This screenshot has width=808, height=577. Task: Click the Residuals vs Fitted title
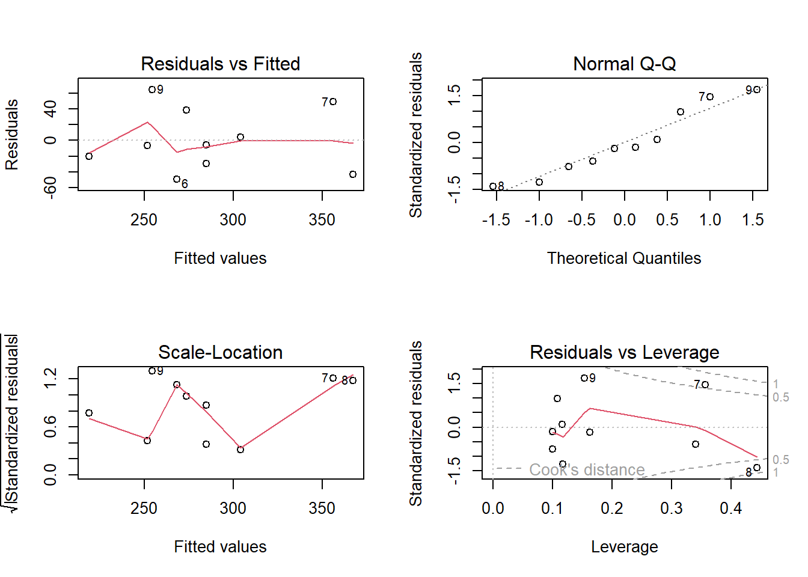click(220, 64)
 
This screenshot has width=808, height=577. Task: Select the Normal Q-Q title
click(624, 64)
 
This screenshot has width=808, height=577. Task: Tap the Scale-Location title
click(220, 352)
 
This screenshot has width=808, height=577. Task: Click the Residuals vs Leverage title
click(624, 352)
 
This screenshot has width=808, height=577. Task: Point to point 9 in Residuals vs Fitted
click(152, 90)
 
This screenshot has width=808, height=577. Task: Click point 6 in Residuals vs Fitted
click(177, 179)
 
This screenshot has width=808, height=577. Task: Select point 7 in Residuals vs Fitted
click(333, 102)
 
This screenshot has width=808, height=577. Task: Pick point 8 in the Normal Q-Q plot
click(493, 186)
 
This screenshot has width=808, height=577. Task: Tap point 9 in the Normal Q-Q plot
click(757, 90)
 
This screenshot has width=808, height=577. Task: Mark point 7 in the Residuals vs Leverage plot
click(705, 385)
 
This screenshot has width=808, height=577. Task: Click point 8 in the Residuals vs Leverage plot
click(757, 468)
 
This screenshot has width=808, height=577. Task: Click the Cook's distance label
click(587, 469)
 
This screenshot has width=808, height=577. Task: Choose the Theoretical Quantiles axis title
click(624, 258)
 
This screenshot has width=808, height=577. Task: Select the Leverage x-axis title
click(624, 547)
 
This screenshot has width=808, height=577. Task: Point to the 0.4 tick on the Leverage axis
click(730, 508)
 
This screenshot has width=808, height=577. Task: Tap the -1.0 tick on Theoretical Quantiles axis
click(539, 220)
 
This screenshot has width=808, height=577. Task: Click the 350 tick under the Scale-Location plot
click(322, 508)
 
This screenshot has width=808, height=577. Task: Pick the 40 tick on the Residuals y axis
click(50, 109)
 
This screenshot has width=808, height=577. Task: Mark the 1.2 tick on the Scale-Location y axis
click(50, 378)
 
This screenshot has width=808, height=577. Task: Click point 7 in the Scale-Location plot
click(333, 378)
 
